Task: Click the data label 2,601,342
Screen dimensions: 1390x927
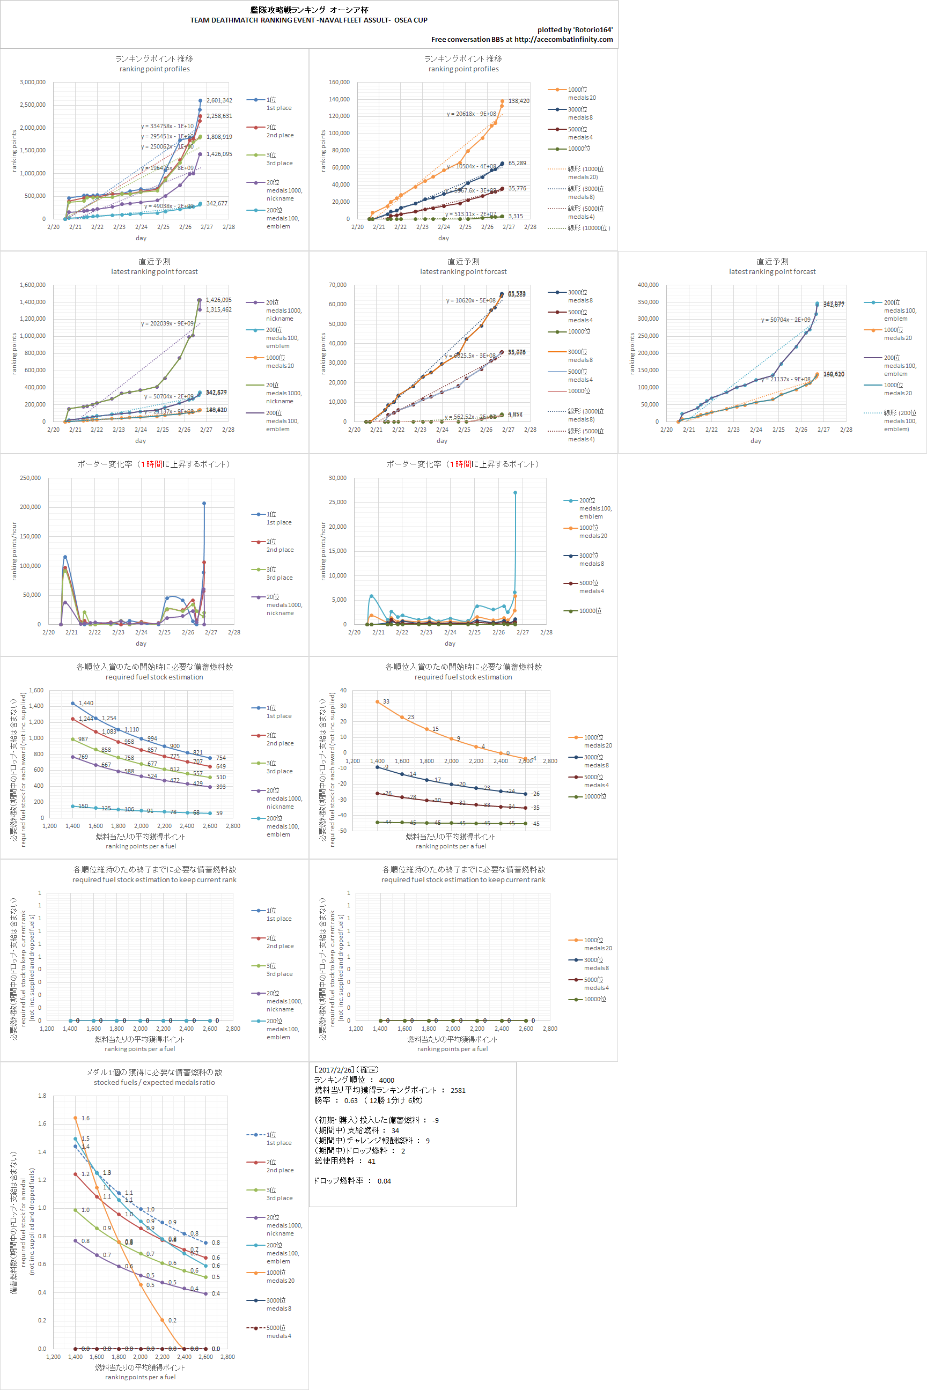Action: coord(219,100)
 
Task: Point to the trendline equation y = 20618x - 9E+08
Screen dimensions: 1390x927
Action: coord(471,114)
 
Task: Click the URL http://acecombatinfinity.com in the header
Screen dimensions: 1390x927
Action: coord(563,40)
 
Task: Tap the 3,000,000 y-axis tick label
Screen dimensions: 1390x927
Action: coord(33,82)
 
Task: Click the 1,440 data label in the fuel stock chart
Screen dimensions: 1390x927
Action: coord(86,703)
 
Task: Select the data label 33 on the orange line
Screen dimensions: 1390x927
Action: coord(386,701)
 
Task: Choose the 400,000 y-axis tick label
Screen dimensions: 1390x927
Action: coord(648,285)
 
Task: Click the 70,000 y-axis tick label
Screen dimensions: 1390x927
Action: coord(337,285)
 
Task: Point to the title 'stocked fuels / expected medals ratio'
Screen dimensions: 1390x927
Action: coord(154,1082)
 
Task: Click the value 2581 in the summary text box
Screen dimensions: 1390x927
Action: coord(458,1090)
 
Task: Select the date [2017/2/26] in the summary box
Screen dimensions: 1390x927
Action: coord(334,1070)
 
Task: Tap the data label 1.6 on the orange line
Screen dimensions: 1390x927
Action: coord(86,1118)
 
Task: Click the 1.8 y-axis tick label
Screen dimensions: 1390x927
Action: coord(42,1096)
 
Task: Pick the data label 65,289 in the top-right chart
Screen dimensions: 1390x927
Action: coord(517,163)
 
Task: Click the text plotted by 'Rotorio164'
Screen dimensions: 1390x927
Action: coord(575,29)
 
